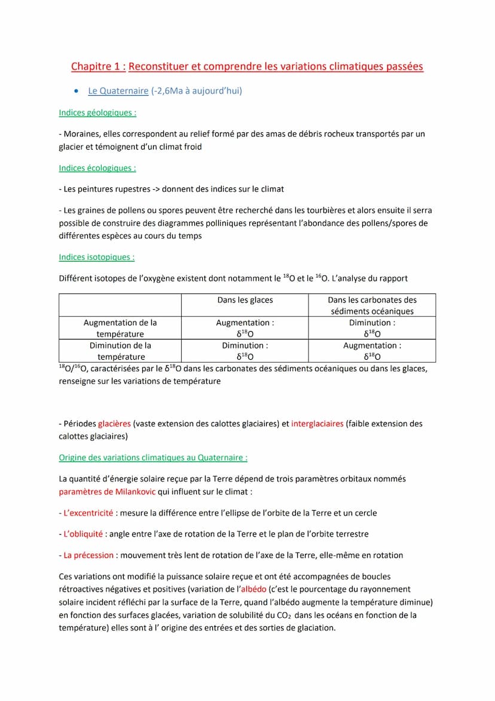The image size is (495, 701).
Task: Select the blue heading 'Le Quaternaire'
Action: [x=118, y=91]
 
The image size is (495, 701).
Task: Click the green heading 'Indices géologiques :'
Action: [x=97, y=113]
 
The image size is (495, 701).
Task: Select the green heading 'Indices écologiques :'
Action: [x=97, y=168]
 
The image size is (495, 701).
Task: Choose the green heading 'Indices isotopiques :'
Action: [x=96, y=257]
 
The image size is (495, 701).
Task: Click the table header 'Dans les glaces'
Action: [x=245, y=300]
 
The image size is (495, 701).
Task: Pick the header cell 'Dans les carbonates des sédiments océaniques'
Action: [x=372, y=305]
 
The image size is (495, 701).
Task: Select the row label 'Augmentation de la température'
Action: [x=120, y=328]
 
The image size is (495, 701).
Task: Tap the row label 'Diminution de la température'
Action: [x=120, y=351]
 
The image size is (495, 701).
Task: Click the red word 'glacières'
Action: [x=114, y=424]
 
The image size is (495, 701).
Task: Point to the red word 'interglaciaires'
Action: [x=317, y=424]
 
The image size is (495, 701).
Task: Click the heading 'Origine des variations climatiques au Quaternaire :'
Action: [x=153, y=458]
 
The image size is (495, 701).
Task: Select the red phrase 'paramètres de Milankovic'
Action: [x=107, y=492]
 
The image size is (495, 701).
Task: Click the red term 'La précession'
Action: [x=88, y=556]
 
